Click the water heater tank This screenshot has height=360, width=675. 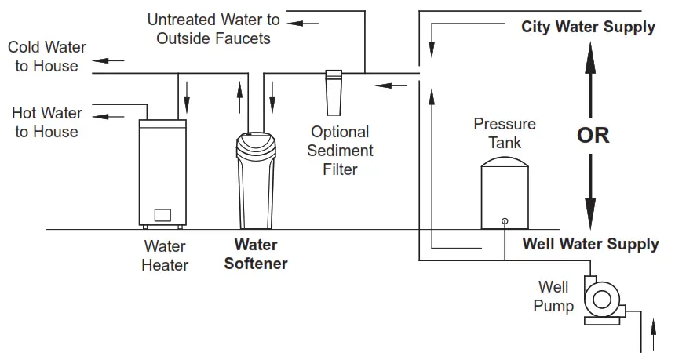tap(163, 173)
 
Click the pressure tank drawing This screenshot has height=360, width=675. tap(504, 192)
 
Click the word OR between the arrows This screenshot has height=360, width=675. tap(593, 135)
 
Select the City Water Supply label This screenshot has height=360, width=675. tap(588, 27)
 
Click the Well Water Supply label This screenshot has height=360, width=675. tap(590, 244)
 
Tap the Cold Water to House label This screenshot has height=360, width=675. tap(47, 57)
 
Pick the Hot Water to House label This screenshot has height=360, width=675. tap(46, 122)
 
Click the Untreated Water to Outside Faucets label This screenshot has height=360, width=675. tap(213, 28)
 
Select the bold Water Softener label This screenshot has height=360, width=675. tap(256, 254)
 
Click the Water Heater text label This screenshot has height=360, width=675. tap(165, 256)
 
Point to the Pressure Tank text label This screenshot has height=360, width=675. tap(505, 133)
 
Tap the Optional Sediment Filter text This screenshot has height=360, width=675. tap(340, 150)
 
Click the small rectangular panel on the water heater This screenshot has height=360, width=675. tap(162, 215)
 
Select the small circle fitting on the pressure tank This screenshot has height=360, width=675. tap(504, 220)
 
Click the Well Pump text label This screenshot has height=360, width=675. tap(553, 296)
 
